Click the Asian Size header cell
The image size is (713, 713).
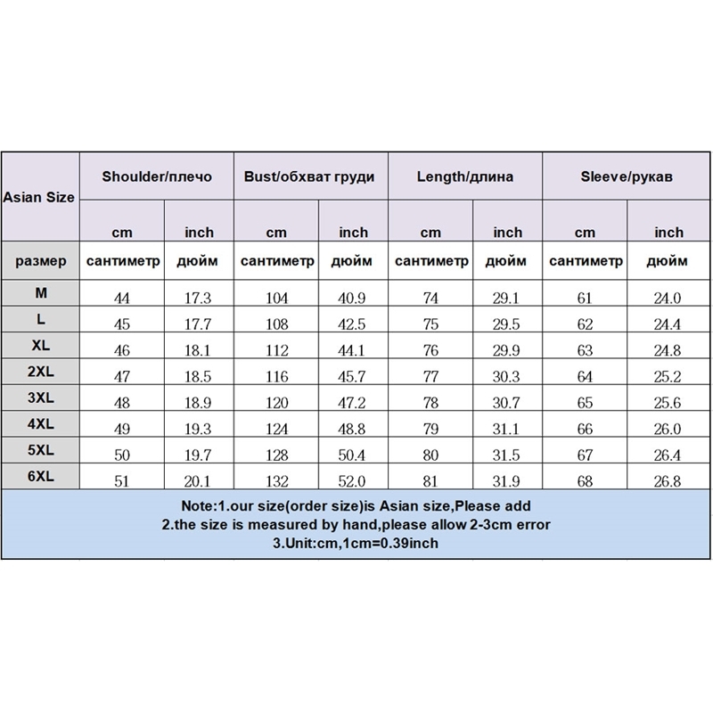[x=39, y=197]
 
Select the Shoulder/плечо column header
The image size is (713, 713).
[x=157, y=176]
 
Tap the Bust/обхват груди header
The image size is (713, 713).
[x=309, y=176]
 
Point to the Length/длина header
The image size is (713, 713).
[x=465, y=176]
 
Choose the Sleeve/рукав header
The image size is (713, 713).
[x=619, y=176]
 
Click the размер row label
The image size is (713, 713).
[x=39, y=262]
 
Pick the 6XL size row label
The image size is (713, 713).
[x=39, y=477]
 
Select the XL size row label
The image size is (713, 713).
[x=39, y=345]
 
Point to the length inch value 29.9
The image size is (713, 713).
[x=507, y=348]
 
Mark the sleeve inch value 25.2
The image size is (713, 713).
[x=668, y=374]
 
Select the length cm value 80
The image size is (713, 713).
[x=430, y=456]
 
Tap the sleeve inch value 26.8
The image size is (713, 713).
[x=668, y=482]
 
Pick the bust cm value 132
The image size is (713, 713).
[x=276, y=482]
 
